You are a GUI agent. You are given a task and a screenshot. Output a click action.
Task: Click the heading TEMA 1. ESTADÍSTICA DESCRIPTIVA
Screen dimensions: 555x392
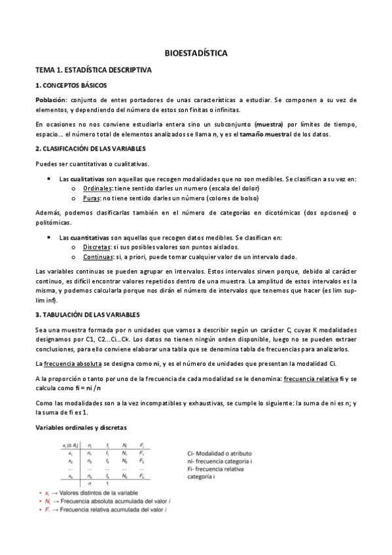pyautogui.click(x=93, y=69)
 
